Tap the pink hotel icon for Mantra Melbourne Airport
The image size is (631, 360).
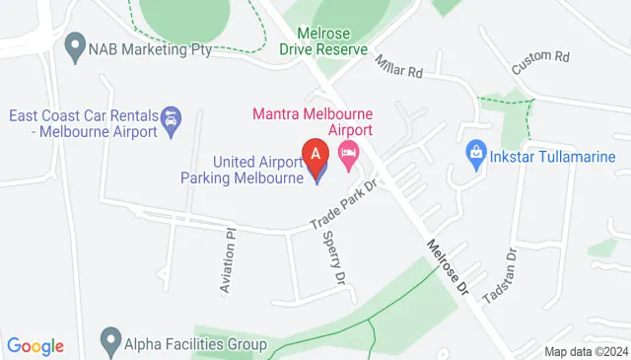pos(347,153)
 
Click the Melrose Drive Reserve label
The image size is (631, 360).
pos(322,40)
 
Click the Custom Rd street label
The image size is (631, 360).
pos(539,62)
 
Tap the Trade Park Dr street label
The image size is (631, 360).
pos(345,204)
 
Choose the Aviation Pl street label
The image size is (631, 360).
pos(228,260)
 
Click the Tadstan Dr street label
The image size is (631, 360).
pos(499,275)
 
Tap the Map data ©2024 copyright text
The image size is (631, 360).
pos(586,351)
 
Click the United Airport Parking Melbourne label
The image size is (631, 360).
pos(243,170)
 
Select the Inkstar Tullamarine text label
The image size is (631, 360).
pos(554,156)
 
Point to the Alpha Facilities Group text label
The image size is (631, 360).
pos(195,344)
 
